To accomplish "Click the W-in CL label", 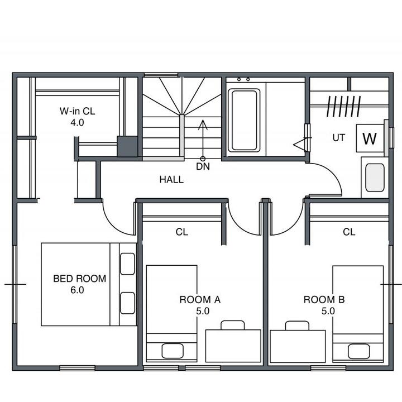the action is point(78,111).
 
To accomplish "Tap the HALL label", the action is point(171,179).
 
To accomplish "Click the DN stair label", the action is point(203,166).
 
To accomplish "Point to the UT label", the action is point(339,138).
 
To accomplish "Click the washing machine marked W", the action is point(370,138).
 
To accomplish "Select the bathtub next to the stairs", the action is point(244,119).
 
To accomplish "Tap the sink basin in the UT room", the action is point(375,178).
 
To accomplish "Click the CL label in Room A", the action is point(182,232).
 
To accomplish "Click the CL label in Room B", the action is point(349,232).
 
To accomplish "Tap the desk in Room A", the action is point(233,346).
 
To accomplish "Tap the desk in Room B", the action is point(298,346).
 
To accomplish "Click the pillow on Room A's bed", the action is point(173,351).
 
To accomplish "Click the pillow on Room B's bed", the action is point(358,351).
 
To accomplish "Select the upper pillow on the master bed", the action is point(127,264).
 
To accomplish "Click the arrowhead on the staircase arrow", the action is point(203,125).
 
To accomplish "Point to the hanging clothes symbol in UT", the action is point(344,106).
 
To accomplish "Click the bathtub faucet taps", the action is point(243,79).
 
